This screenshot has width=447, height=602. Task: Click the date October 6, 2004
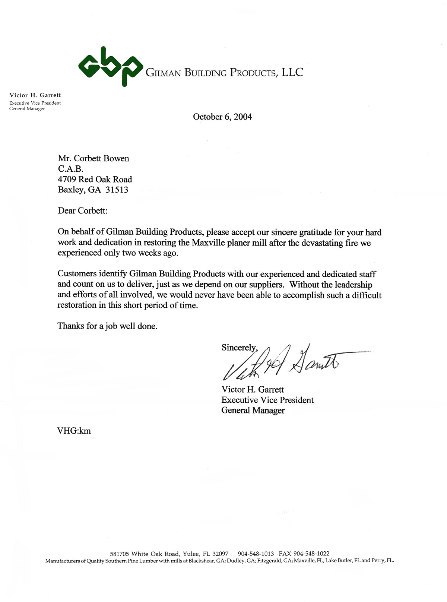point(222,117)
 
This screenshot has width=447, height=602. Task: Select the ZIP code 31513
point(117,190)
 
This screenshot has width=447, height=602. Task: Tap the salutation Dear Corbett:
point(82,210)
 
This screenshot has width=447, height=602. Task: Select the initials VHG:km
point(74,431)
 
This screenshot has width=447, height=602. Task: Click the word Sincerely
point(239,347)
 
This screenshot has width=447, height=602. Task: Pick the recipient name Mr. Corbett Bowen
point(93,158)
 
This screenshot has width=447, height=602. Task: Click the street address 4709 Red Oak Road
point(95,179)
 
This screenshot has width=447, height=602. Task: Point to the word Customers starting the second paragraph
point(77,274)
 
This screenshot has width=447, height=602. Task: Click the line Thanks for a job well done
point(107,326)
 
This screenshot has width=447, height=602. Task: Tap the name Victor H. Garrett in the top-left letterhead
point(35,95)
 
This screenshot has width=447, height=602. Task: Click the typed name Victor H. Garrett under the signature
point(253,389)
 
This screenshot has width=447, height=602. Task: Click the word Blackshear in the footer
point(202,560)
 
